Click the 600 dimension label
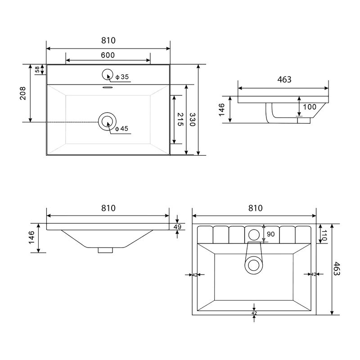[x=108, y=55]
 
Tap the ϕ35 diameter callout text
[x=122, y=76]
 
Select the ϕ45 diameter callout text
[x=121, y=129]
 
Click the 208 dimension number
[x=23, y=93]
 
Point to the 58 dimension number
[x=37, y=69]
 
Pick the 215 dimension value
[x=180, y=119]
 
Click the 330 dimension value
[x=192, y=119]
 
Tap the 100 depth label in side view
[x=310, y=107]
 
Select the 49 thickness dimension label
[x=177, y=227]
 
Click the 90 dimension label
[x=271, y=234]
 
